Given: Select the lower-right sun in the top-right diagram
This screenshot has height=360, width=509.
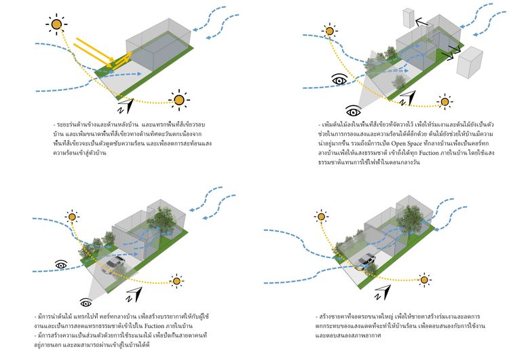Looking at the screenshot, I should coord(445,103).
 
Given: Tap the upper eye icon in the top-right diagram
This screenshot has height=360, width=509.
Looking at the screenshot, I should coord(339,82).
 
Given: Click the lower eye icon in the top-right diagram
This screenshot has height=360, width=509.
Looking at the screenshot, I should coord(353,109).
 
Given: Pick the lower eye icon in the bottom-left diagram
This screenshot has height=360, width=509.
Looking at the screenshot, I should coord(86,302).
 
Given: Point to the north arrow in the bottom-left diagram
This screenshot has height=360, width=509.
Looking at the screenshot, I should coord(139,293).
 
